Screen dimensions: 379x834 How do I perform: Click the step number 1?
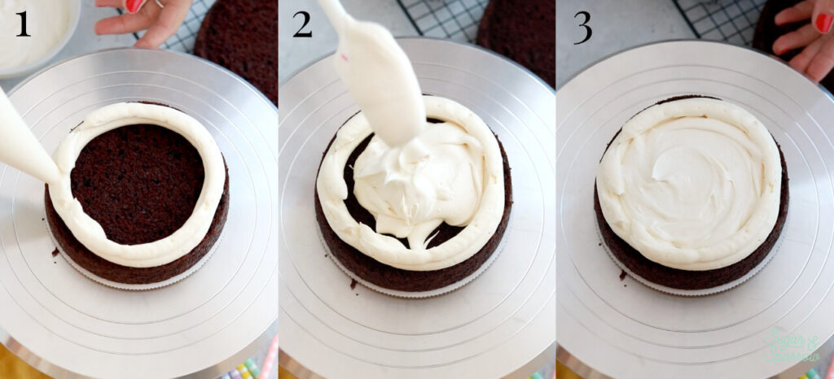(x=22, y=24)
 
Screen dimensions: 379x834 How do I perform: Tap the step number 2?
(x=302, y=24)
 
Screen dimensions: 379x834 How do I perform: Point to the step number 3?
(x=582, y=27)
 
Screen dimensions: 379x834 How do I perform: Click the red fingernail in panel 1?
(x=134, y=5)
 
